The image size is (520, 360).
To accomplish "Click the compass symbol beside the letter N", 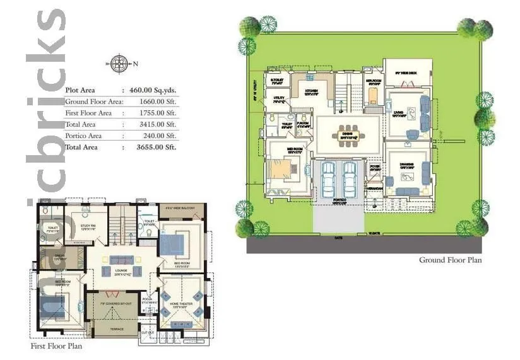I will [x=117, y=62].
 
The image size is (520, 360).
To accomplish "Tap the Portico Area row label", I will [x=83, y=136].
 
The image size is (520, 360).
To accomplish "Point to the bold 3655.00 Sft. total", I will [x=153, y=147].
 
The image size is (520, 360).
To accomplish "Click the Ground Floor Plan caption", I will [x=450, y=260].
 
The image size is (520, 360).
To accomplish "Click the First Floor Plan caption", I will [x=56, y=346].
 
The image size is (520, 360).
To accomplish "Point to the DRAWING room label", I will [x=406, y=165].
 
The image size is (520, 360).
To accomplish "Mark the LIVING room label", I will [x=399, y=113].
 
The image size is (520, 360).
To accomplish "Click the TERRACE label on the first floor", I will [x=117, y=329].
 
